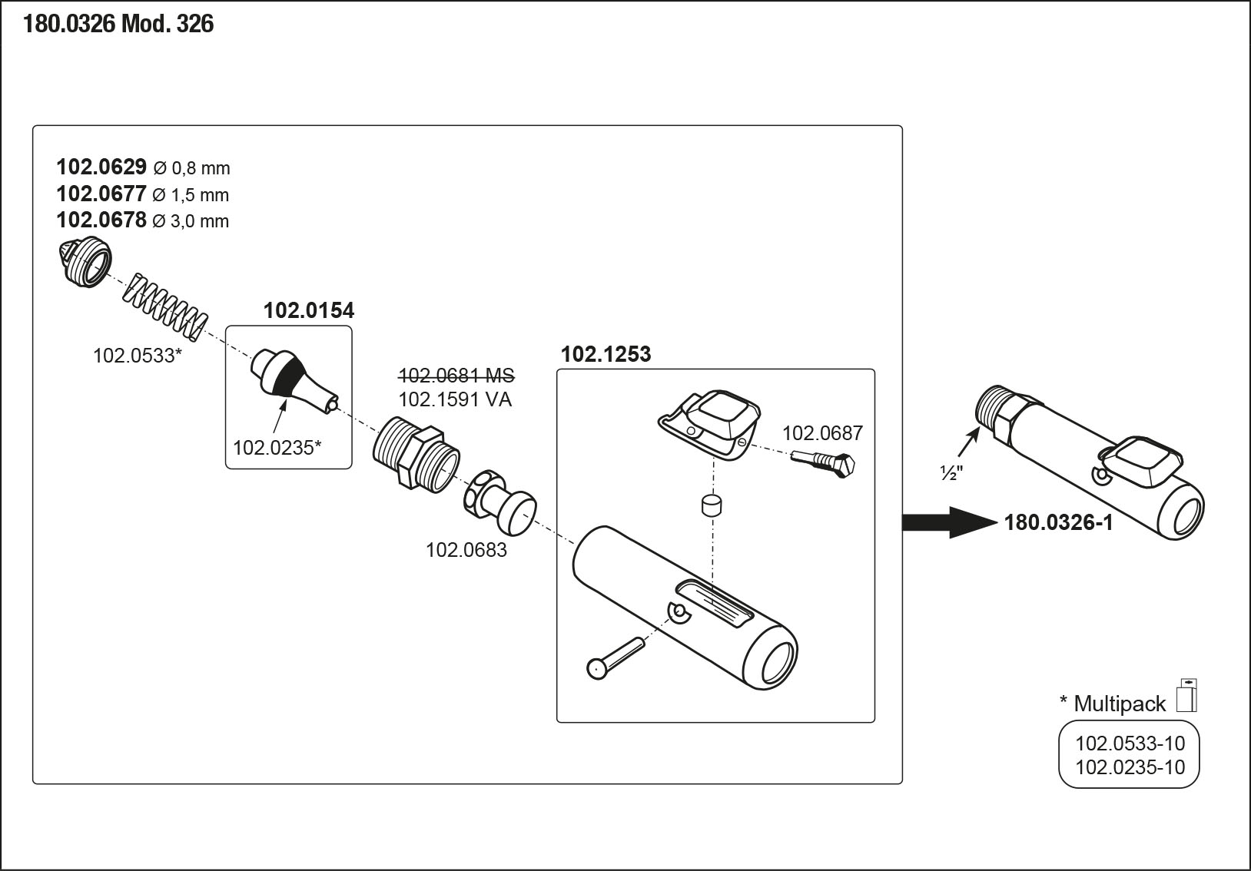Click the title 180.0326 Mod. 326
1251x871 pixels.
118,25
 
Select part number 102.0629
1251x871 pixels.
101,167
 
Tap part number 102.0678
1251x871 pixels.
101,220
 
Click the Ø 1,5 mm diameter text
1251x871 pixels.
191,195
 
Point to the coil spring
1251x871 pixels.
165,306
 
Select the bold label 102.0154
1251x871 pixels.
309,311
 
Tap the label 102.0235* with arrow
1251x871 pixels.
277,447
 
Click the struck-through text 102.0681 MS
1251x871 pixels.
456,376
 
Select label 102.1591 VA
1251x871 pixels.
455,399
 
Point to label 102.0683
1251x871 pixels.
466,550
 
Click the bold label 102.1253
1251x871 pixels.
606,354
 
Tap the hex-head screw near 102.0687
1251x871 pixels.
827,463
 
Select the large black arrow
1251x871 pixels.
950,522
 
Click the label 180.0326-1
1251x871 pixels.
1058,523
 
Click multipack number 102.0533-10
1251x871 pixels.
1130,743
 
